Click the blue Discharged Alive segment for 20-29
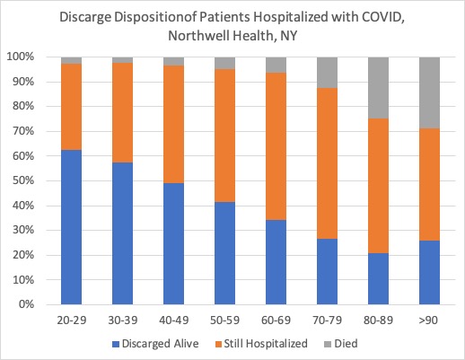pyautogui.click(x=71, y=227)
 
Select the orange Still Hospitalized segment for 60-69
pyautogui.click(x=276, y=146)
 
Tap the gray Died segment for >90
pyautogui.click(x=429, y=92)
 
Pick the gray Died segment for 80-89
pyautogui.click(x=378, y=88)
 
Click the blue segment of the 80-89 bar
pyautogui.click(x=378, y=279)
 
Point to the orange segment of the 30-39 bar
pyautogui.click(x=122, y=113)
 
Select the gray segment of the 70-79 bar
pyautogui.click(x=327, y=73)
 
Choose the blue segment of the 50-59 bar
pyautogui.click(x=224, y=253)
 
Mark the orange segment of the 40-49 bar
pyautogui.click(x=173, y=124)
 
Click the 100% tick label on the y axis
pyautogui.click(x=21, y=57)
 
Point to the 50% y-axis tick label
pyautogui.click(x=23, y=180)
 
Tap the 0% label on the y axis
pyautogui.click(x=26, y=304)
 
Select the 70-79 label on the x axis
pyautogui.click(x=327, y=320)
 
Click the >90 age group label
pyautogui.click(x=428, y=320)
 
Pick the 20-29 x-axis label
pyautogui.click(x=72, y=320)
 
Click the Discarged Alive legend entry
pyautogui.click(x=155, y=344)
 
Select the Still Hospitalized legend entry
pyautogui.click(x=261, y=344)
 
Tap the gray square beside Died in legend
pyautogui.click(x=328, y=344)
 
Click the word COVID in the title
pyautogui.click(x=383, y=17)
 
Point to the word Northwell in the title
pyautogui.click(x=199, y=36)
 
